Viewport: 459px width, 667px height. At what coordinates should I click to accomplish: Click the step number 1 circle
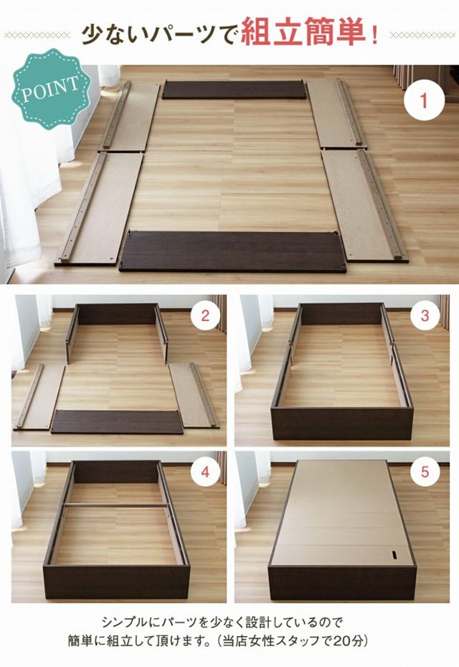pyautogui.click(x=424, y=101)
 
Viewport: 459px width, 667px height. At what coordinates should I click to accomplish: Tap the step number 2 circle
pyautogui.click(x=206, y=316)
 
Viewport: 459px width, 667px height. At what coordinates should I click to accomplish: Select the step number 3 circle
pyautogui.click(x=425, y=316)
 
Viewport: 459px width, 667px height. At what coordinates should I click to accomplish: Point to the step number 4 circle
pyautogui.click(x=206, y=472)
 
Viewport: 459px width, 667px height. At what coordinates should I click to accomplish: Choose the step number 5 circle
pyautogui.click(x=425, y=472)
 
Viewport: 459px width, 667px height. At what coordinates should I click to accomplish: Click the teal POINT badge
pyautogui.click(x=51, y=88)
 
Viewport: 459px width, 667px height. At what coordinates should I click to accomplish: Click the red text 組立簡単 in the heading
pyautogui.click(x=303, y=33)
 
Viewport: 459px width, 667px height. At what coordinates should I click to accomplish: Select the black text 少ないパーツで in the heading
pyautogui.click(x=159, y=34)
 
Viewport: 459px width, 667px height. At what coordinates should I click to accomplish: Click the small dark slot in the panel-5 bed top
pyautogui.click(x=394, y=556)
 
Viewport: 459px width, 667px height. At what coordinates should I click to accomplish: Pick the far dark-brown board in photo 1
pyautogui.click(x=234, y=90)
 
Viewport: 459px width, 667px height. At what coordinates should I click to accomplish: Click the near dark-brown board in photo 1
pyautogui.click(x=232, y=251)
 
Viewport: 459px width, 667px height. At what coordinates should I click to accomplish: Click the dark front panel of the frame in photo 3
pyautogui.click(x=342, y=424)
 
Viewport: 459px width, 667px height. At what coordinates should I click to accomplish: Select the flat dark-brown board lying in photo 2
pyautogui.click(x=117, y=422)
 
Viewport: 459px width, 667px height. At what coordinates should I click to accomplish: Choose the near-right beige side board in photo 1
pyautogui.click(x=364, y=205)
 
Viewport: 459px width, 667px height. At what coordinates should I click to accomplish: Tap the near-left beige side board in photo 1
pyautogui.click(x=100, y=209)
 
